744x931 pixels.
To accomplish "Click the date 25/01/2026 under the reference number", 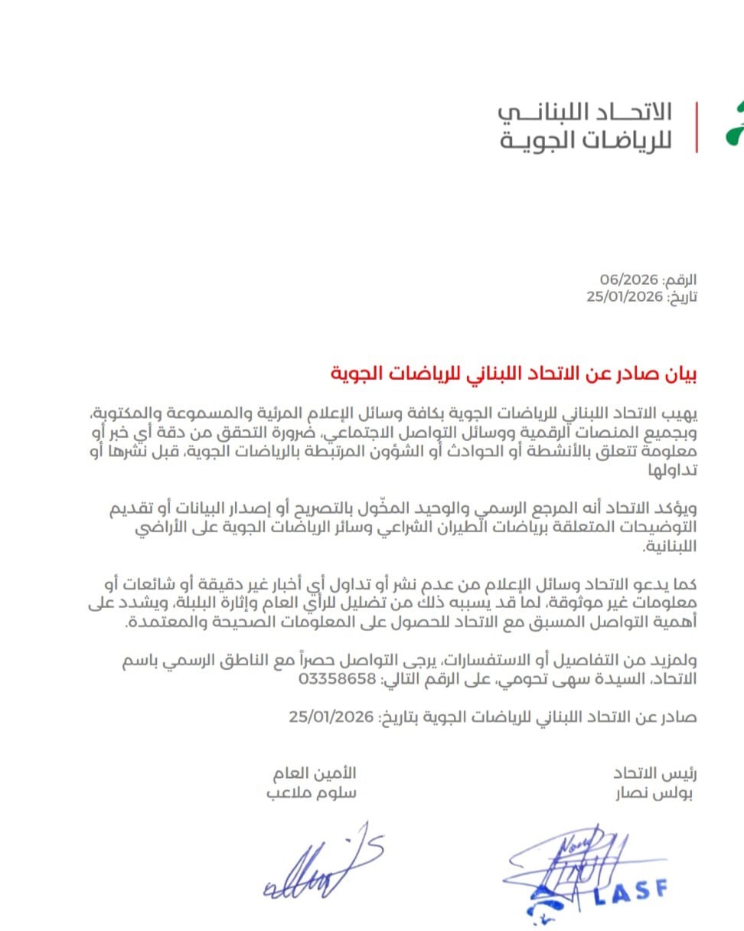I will pyautogui.click(x=623, y=297).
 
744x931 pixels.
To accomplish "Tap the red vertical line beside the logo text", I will pyautogui.click(x=697, y=126).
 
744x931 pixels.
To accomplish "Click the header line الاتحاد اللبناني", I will pyautogui.click(x=585, y=112).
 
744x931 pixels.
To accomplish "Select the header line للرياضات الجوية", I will pyautogui.click(x=585, y=141).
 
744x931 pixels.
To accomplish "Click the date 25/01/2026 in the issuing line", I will pyautogui.click(x=331, y=717).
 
